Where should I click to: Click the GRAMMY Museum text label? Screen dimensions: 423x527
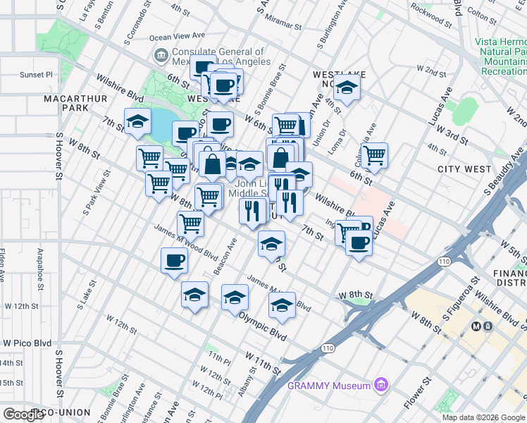[x=329, y=386]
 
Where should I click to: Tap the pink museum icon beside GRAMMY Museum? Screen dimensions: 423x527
[x=382, y=385]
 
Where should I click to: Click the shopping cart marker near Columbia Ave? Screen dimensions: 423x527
[x=375, y=154]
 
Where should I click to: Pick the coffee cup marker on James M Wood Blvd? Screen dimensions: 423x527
[x=174, y=261]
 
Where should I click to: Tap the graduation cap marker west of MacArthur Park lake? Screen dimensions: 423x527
[x=137, y=121]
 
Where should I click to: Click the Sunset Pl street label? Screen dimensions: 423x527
[x=36, y=74]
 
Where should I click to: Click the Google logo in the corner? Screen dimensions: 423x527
[x=23, y=415]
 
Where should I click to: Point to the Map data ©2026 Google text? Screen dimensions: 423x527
[x=483, y=417]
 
